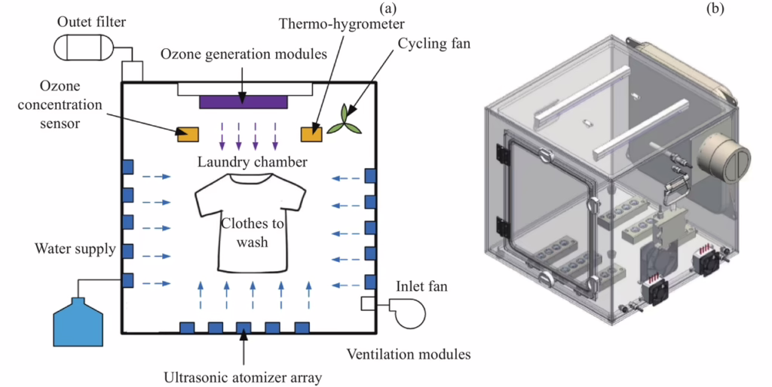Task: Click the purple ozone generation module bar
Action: click(x=243, y=102)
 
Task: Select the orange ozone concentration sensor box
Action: click(x=188, y=134)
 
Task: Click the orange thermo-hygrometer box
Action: click(x=311, y=134)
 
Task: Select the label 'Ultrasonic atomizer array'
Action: click(x=242, y=376)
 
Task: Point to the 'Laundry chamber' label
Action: click(x=247, y=162)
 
